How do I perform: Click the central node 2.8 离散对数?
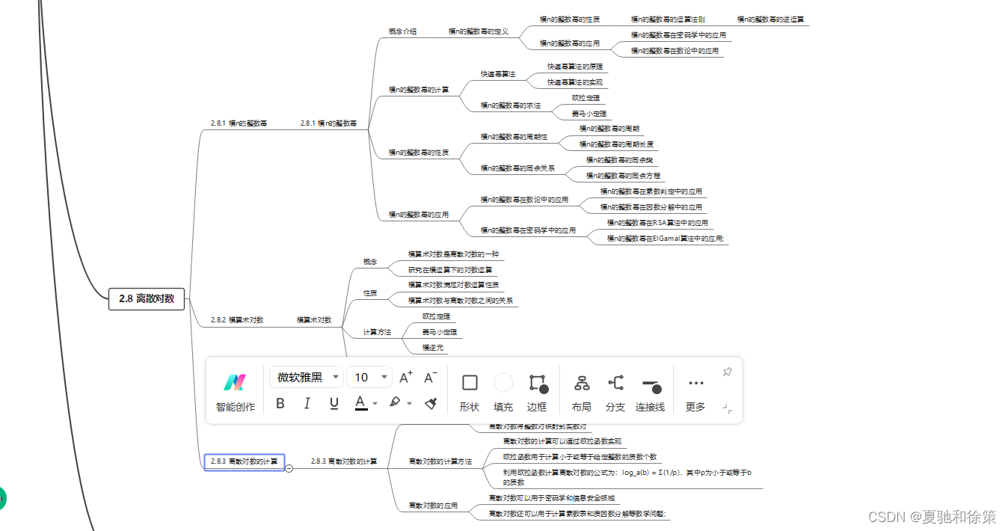[x=147, y=298]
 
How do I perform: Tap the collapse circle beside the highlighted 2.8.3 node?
[x=289, y=468]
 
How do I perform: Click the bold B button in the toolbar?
[x=280, y=403]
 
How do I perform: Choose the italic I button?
[x=307, y=403]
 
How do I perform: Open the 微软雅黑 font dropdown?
[x=306, y=377]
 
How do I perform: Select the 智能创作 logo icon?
[x=235, y=382]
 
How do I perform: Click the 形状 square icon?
[x=470, y=383]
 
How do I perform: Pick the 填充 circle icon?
[x=504, y=383]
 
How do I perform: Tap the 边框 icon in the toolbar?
[x=538, y=383]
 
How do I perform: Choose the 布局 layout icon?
[x=581, y=383]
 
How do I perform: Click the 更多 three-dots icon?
[x=695, y=383]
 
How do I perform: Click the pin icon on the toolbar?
[x=727, y=372]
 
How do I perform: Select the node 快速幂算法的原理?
[x=574, y=67]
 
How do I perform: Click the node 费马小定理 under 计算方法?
[x=440, y=331]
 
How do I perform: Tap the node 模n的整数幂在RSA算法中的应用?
[x=657, y=223]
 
